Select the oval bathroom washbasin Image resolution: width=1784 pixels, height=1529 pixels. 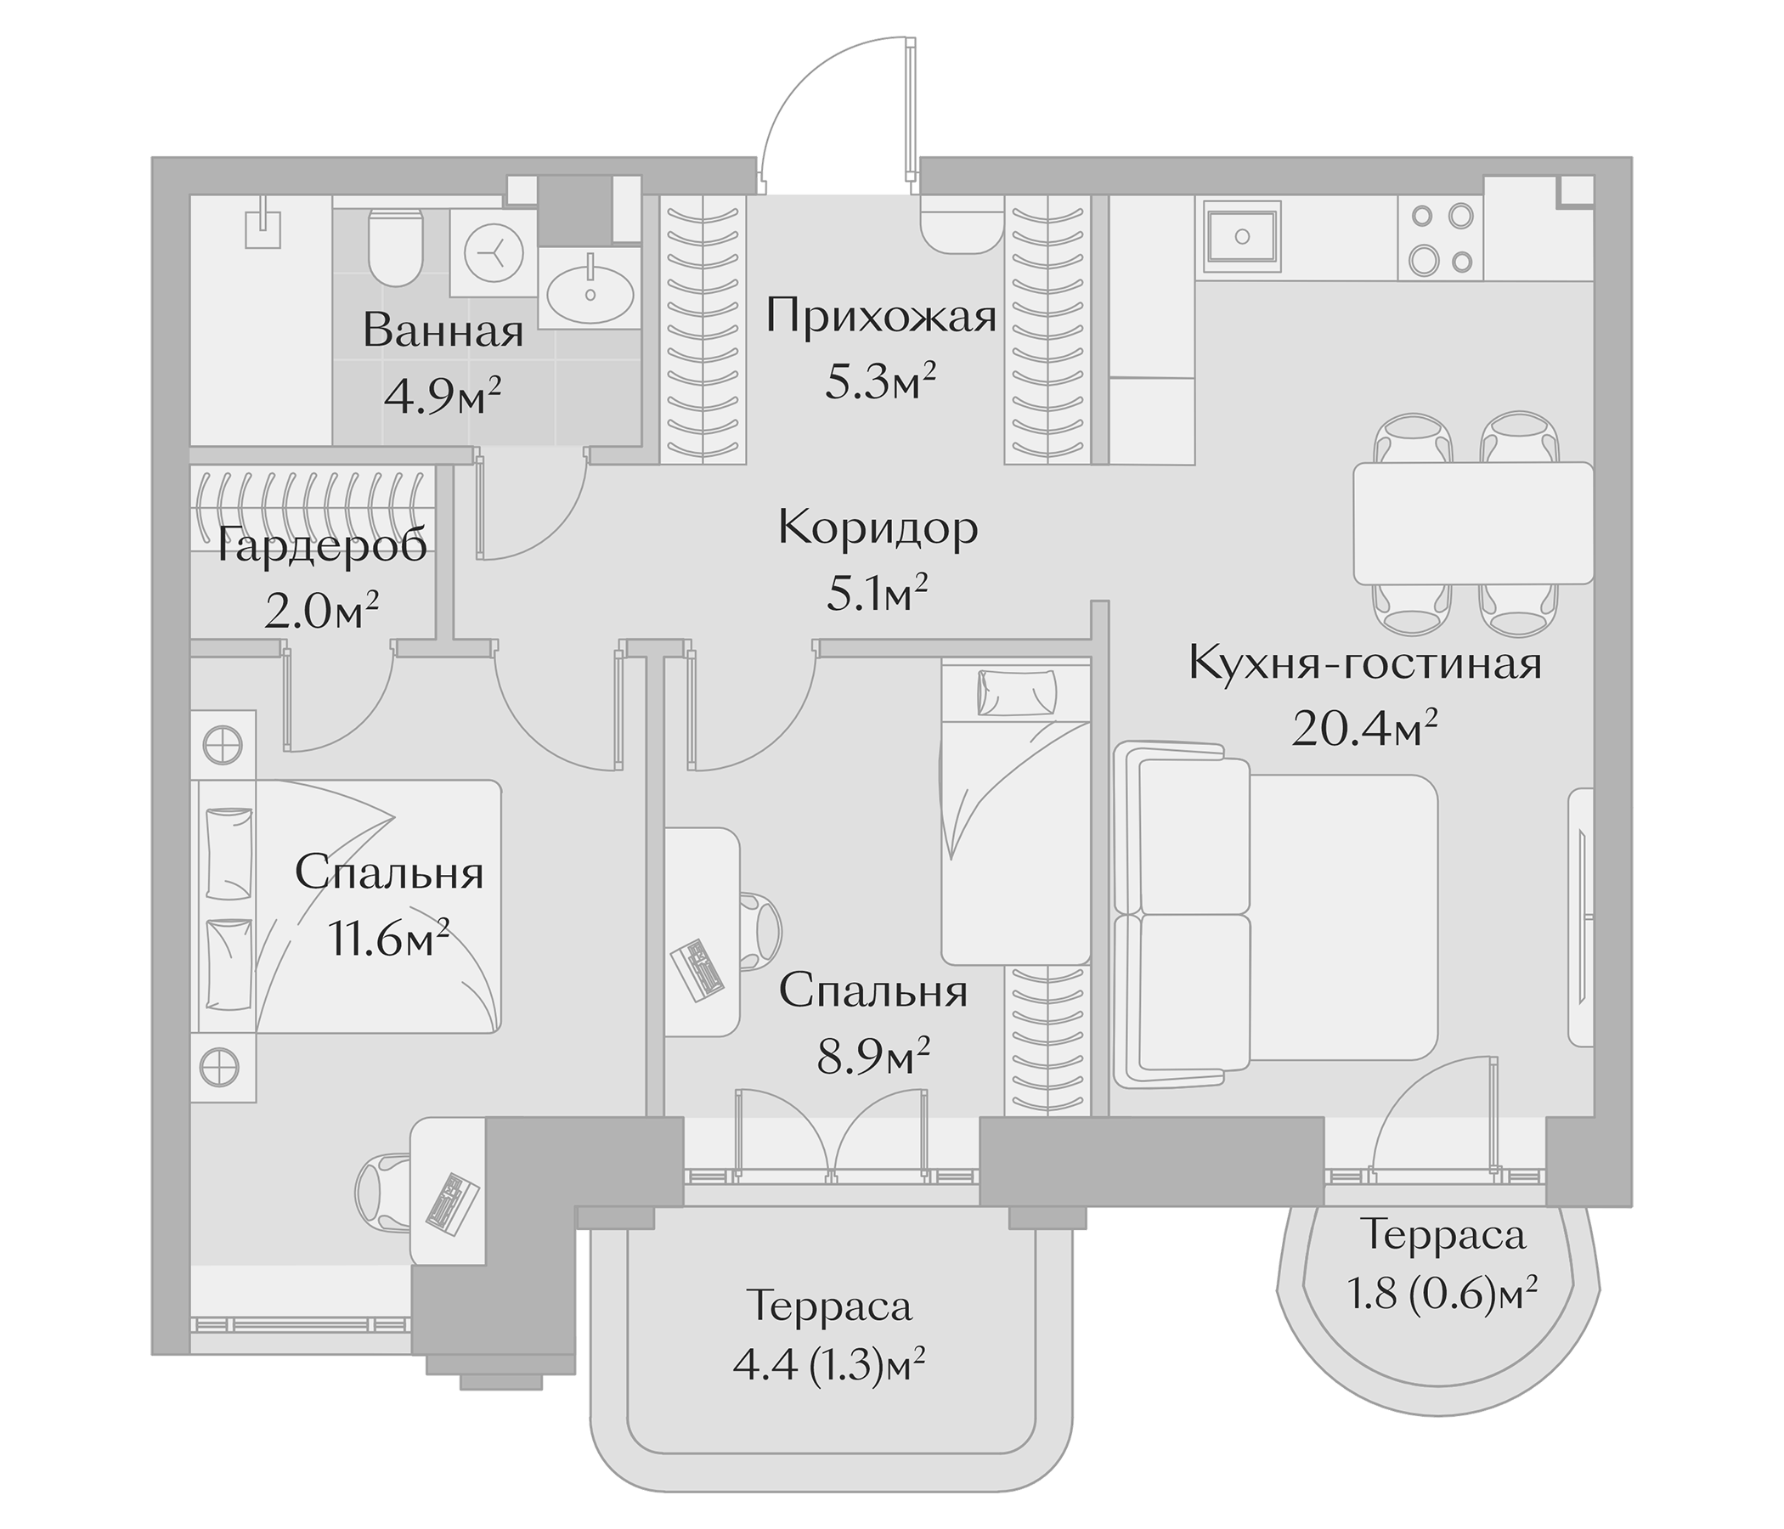[x=590, y=291]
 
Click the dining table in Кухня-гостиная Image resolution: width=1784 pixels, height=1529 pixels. [x=1472, y=523]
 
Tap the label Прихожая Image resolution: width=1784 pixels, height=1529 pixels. [x=881, y=316]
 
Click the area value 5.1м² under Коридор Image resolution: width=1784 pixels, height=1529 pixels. [x=877, y=594]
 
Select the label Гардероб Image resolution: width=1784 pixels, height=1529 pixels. [x=320, y=546]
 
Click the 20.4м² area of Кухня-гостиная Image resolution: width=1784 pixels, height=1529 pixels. [x=1364, y=729]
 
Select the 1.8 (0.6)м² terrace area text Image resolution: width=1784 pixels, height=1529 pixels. [x=1442, y=1294]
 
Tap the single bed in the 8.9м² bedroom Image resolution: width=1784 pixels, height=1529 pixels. [x=1016, y=810]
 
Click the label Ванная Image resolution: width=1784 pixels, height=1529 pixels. [x=443, y=330]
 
